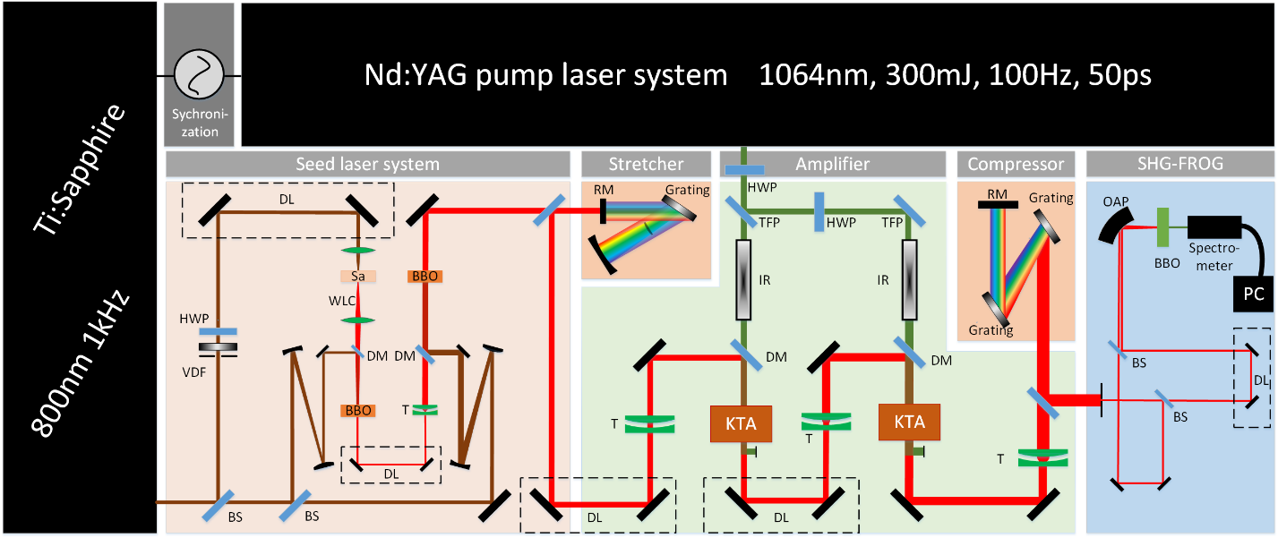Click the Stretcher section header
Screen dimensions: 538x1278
pos(646,164)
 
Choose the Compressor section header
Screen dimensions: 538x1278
pos(1016,164)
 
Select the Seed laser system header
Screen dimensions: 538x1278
pos(367,164)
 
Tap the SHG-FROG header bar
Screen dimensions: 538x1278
pos(1179,164)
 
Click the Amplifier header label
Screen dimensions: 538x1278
pos(832,164)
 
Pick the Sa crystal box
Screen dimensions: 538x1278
pos(357,277)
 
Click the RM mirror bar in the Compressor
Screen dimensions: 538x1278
pos(996,204)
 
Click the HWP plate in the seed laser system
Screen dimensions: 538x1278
pos(219,330)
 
